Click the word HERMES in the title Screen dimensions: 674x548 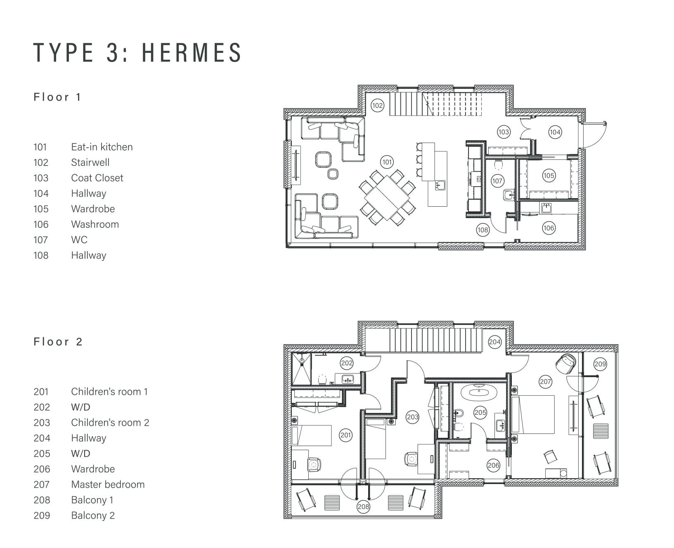coord(192,52)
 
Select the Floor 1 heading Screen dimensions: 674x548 coord(57,97)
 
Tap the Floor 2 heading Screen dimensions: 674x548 coord(58,342)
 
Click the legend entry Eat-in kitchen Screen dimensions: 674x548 coord(102,147)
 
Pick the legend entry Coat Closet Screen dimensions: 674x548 coord(97,178)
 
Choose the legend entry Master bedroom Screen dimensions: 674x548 coord(108,484)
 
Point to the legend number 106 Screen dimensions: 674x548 coord(41,224)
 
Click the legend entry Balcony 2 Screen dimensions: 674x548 coord(93,515)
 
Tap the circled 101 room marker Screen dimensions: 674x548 coord(387,162)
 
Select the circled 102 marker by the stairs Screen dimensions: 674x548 coord(377,106)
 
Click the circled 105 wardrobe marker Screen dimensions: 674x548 coord(549,175)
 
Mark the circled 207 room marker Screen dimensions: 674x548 coord(546,382)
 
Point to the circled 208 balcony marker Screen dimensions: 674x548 coord(363,507)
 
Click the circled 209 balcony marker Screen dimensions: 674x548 coord(600,364)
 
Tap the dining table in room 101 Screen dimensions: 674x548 coord(387,197)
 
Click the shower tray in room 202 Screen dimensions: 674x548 coord(301,369)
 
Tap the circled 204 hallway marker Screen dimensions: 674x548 coord(494,342)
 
